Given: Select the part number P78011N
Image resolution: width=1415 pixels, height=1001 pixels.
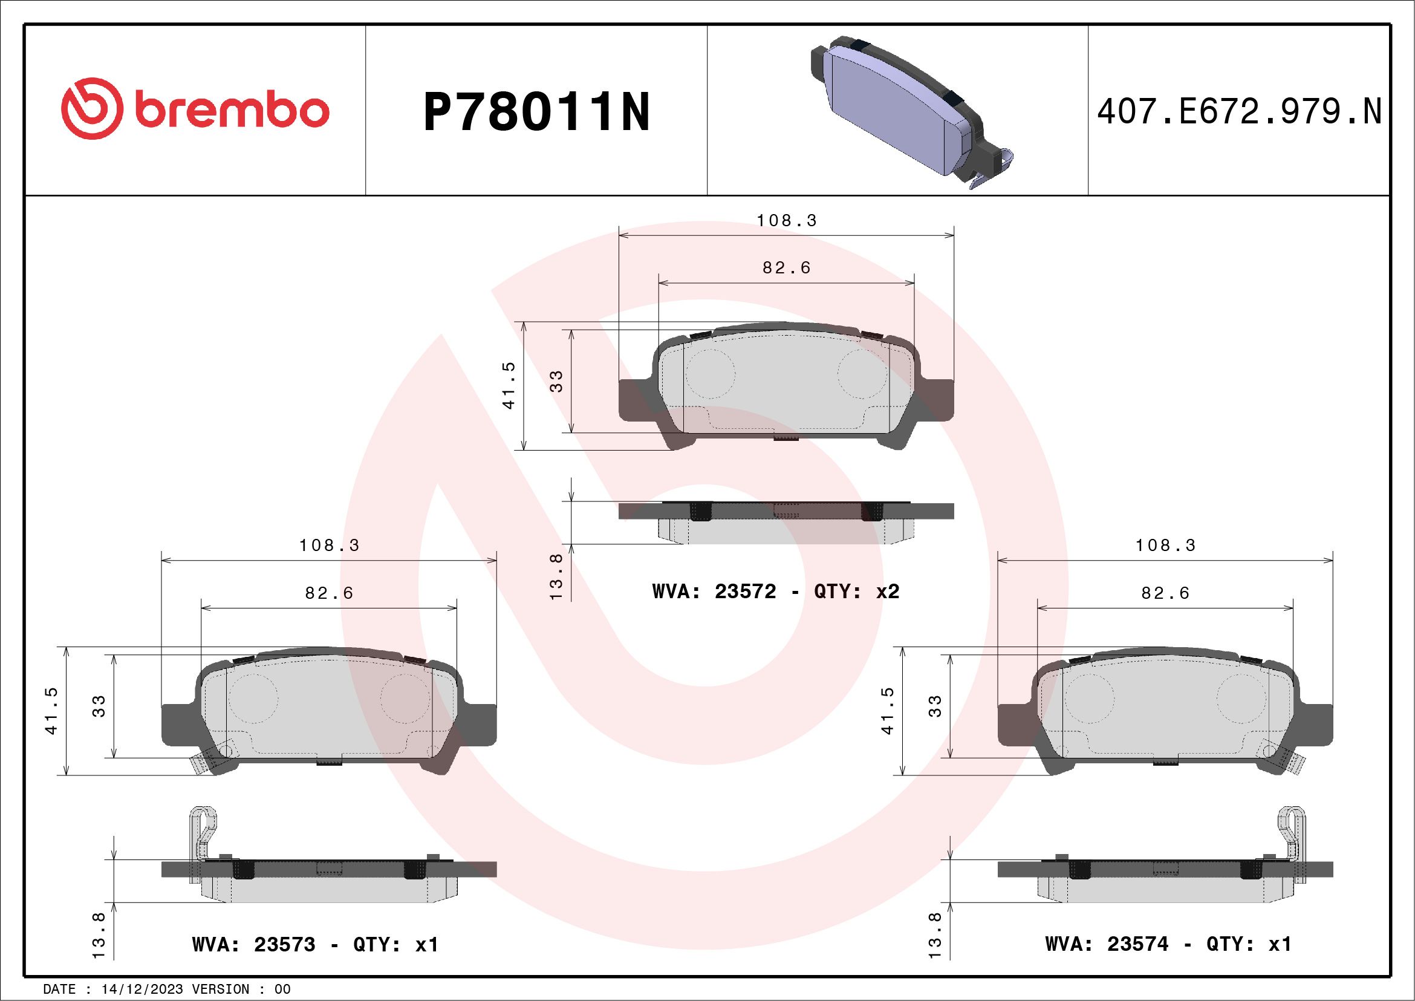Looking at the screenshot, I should coord(536,112).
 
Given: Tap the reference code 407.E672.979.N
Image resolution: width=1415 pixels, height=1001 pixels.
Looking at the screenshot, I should coord(1239,112).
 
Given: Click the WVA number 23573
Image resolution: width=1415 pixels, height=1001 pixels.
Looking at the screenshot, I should coord(284,945).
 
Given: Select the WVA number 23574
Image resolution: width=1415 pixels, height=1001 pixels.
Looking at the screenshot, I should coord(1137,944).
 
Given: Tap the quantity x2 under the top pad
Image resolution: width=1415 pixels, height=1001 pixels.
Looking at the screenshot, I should coord(888,592).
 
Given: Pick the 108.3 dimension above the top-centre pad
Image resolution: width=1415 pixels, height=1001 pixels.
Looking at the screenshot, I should coord(786,221).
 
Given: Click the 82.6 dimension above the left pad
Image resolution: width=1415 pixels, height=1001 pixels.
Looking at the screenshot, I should coord(329,593).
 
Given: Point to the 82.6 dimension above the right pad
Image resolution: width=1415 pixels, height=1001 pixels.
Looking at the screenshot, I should coord(1165,593).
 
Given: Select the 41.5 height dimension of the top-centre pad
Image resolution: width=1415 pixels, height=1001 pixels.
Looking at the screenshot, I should coord(509,386).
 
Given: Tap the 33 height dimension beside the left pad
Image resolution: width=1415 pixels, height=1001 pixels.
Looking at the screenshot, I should coord(99,706).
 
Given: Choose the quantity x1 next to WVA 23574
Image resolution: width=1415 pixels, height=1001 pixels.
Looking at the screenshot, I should coord(1279,944).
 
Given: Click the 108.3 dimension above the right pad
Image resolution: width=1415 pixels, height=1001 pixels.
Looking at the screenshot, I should coord(1165,546).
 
